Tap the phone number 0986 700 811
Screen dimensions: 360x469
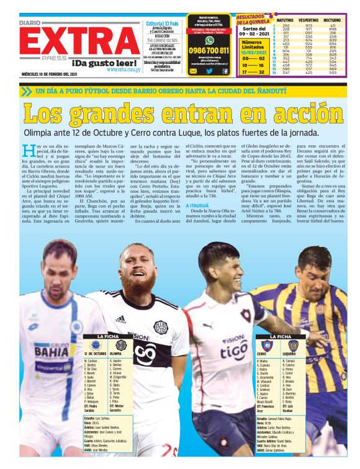tap(209, 50)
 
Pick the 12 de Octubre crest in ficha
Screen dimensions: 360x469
tap(95, 344)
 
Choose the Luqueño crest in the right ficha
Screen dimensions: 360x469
tap(293, 346)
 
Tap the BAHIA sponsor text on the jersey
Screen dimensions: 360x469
tap(52, 352)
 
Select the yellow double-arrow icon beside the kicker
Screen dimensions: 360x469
tap(25, 91)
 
